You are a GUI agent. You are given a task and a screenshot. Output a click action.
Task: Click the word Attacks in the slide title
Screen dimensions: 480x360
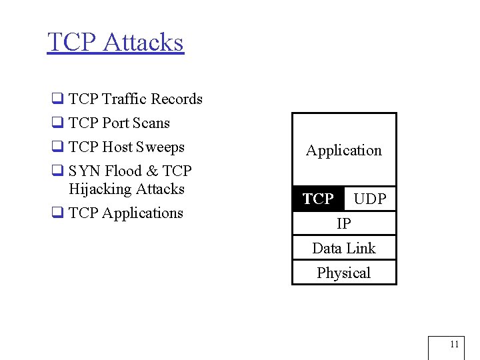tap(143, 42)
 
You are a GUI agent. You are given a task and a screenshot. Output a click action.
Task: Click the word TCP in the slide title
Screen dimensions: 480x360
tap(71, 42)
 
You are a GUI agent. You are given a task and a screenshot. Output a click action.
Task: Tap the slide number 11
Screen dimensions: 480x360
tap(454, 345)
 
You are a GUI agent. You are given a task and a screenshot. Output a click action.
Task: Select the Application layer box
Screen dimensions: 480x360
tap(344, 150)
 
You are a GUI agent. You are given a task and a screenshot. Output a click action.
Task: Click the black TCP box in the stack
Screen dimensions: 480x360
tap(318, 199)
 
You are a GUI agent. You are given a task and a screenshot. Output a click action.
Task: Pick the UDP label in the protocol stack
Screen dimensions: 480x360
tap(370, 199)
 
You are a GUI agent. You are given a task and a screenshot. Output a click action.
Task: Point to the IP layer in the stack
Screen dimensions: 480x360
tap(344, 223)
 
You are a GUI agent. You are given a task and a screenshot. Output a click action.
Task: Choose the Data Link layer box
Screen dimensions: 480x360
tap(344, 248)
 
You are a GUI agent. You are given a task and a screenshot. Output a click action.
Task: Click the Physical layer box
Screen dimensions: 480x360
tap(344, 273)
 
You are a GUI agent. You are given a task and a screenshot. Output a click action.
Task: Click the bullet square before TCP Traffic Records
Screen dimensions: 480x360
tap(57, 100)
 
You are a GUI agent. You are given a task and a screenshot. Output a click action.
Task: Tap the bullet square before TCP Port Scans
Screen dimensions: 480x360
tap(57, 124)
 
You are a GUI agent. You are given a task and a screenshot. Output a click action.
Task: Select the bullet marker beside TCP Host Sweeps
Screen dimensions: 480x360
tap(57, 148)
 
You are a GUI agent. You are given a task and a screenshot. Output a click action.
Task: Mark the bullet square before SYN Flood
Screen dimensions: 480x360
tap(57, 172)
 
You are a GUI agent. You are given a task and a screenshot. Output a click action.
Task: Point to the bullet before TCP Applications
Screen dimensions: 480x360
tap(57, 214)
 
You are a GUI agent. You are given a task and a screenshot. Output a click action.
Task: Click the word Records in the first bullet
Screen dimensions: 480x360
tap(176, 99)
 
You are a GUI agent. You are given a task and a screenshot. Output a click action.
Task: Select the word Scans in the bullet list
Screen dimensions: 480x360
tap(152, 123)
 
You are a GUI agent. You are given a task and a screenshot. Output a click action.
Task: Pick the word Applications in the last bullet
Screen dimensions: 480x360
tap(143, 213)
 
